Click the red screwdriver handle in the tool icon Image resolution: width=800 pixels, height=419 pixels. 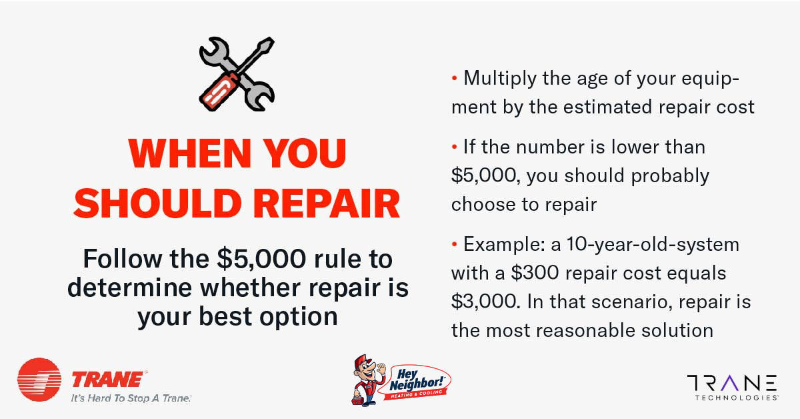(x=219, y=91)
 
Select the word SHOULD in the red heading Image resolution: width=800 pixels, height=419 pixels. (x=158, y=203)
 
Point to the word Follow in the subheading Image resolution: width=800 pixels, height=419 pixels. (x=123, y=258)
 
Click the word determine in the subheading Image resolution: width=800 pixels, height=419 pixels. (x=129, y=288)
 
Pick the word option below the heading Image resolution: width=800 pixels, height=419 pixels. (x=298, y=317)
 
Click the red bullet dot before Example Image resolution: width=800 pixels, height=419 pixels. (x=454, y=244)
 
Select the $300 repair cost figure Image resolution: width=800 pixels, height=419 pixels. (x=535, y=273)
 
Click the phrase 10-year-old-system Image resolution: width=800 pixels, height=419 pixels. (x=653, y=245)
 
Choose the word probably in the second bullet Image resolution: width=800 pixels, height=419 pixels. (x=670, y=176)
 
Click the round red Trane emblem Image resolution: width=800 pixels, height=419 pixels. (x=39, y=380)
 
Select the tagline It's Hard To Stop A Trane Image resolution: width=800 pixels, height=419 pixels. (x=131, y=398)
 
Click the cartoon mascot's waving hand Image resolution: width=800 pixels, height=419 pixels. (x=381, y=368)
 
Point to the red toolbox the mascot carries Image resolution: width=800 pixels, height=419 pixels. (x=357, y=400)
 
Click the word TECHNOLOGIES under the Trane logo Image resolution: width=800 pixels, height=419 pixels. (x=736, y=398)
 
